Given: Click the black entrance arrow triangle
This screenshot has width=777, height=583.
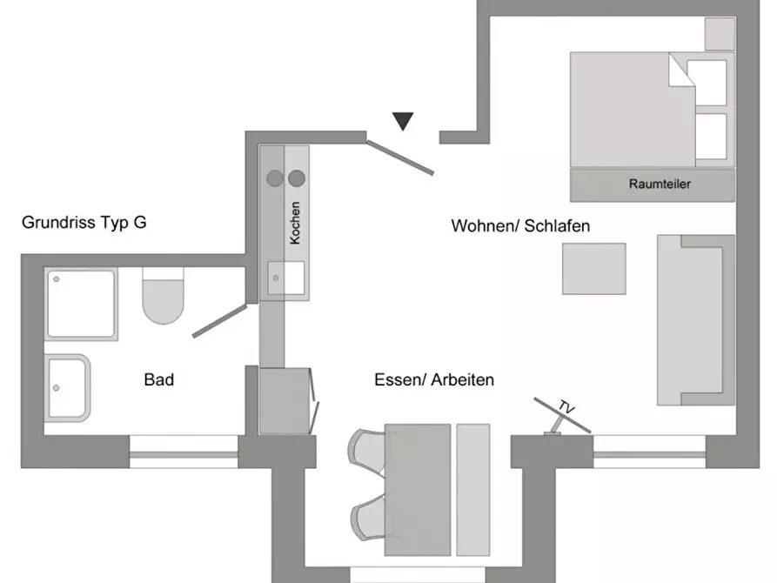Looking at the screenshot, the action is pos(403,120).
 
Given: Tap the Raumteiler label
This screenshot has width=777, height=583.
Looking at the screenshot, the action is pos(660,184).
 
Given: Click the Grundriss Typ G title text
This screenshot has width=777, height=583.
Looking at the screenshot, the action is pos(84,223).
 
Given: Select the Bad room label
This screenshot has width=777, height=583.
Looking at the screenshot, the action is pos(159,379).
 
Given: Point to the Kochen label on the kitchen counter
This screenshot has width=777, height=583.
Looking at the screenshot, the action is pos(295,223).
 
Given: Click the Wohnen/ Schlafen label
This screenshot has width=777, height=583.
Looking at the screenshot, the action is pos(520,226).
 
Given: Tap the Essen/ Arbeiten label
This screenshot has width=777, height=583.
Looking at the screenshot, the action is pos(434,379).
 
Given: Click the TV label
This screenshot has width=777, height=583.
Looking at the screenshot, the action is pos(566,407).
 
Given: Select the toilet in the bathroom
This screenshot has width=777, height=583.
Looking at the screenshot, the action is pos(163,296).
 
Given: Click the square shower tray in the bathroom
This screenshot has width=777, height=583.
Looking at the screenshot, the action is pos(81,304).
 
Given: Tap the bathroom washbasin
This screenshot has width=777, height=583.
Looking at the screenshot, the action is pos(67,388).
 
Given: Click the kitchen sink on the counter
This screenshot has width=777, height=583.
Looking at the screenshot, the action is pos(286,278).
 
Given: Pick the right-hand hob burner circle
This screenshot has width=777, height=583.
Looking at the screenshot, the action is pos(297,178).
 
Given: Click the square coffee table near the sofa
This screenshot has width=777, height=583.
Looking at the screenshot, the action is pos(594,269).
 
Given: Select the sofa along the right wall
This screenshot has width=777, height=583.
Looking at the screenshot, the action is pos(696,320).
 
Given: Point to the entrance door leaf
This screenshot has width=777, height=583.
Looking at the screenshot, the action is pos(400,157).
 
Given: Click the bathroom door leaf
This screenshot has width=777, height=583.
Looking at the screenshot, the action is pos(219,321).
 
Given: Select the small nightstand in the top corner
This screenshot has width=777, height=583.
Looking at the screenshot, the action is pos(720,34).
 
